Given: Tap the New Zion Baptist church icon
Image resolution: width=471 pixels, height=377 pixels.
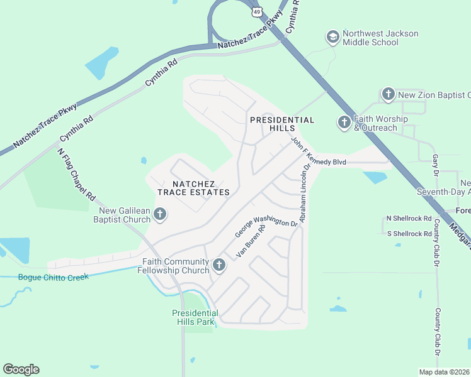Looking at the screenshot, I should (388, 95).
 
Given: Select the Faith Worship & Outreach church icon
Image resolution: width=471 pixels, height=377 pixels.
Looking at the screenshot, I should (344, 123).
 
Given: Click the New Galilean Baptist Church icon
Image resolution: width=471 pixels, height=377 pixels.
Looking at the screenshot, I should (160, 215).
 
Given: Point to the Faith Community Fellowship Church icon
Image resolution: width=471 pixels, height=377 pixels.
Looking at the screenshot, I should (219, 265).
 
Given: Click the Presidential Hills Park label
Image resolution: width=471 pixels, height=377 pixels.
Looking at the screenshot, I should (195, 317).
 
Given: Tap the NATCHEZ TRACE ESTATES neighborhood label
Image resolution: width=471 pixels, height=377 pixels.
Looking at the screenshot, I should (193, 187).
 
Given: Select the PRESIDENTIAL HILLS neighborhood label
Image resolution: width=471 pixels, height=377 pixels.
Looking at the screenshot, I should (282, 124).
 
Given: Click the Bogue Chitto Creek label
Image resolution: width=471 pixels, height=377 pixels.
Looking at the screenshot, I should (54, 276).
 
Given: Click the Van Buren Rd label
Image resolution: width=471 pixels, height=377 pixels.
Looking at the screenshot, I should (251, 241).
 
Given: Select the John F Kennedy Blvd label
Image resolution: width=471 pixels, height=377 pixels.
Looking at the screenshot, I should (318, 153).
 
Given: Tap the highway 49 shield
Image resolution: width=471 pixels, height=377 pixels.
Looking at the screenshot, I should (256, 11).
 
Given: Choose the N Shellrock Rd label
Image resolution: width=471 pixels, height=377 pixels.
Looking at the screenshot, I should (409, 219).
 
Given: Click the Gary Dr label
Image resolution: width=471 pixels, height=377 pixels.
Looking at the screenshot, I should (434, 165).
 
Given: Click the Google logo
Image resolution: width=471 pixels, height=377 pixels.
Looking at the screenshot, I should (21, 369).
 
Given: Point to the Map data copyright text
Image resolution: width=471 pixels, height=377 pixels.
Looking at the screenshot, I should (444, 371).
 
